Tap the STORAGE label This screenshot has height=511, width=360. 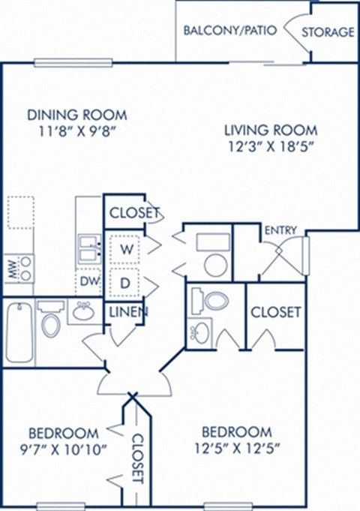pos(328,32)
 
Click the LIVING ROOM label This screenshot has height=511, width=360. pos(270,128)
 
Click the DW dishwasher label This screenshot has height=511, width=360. pos(89,283)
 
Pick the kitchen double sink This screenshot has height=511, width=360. pos(89,248)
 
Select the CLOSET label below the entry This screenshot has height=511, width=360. pos(276,311)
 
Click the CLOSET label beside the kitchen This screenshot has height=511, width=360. pos(135,213)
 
